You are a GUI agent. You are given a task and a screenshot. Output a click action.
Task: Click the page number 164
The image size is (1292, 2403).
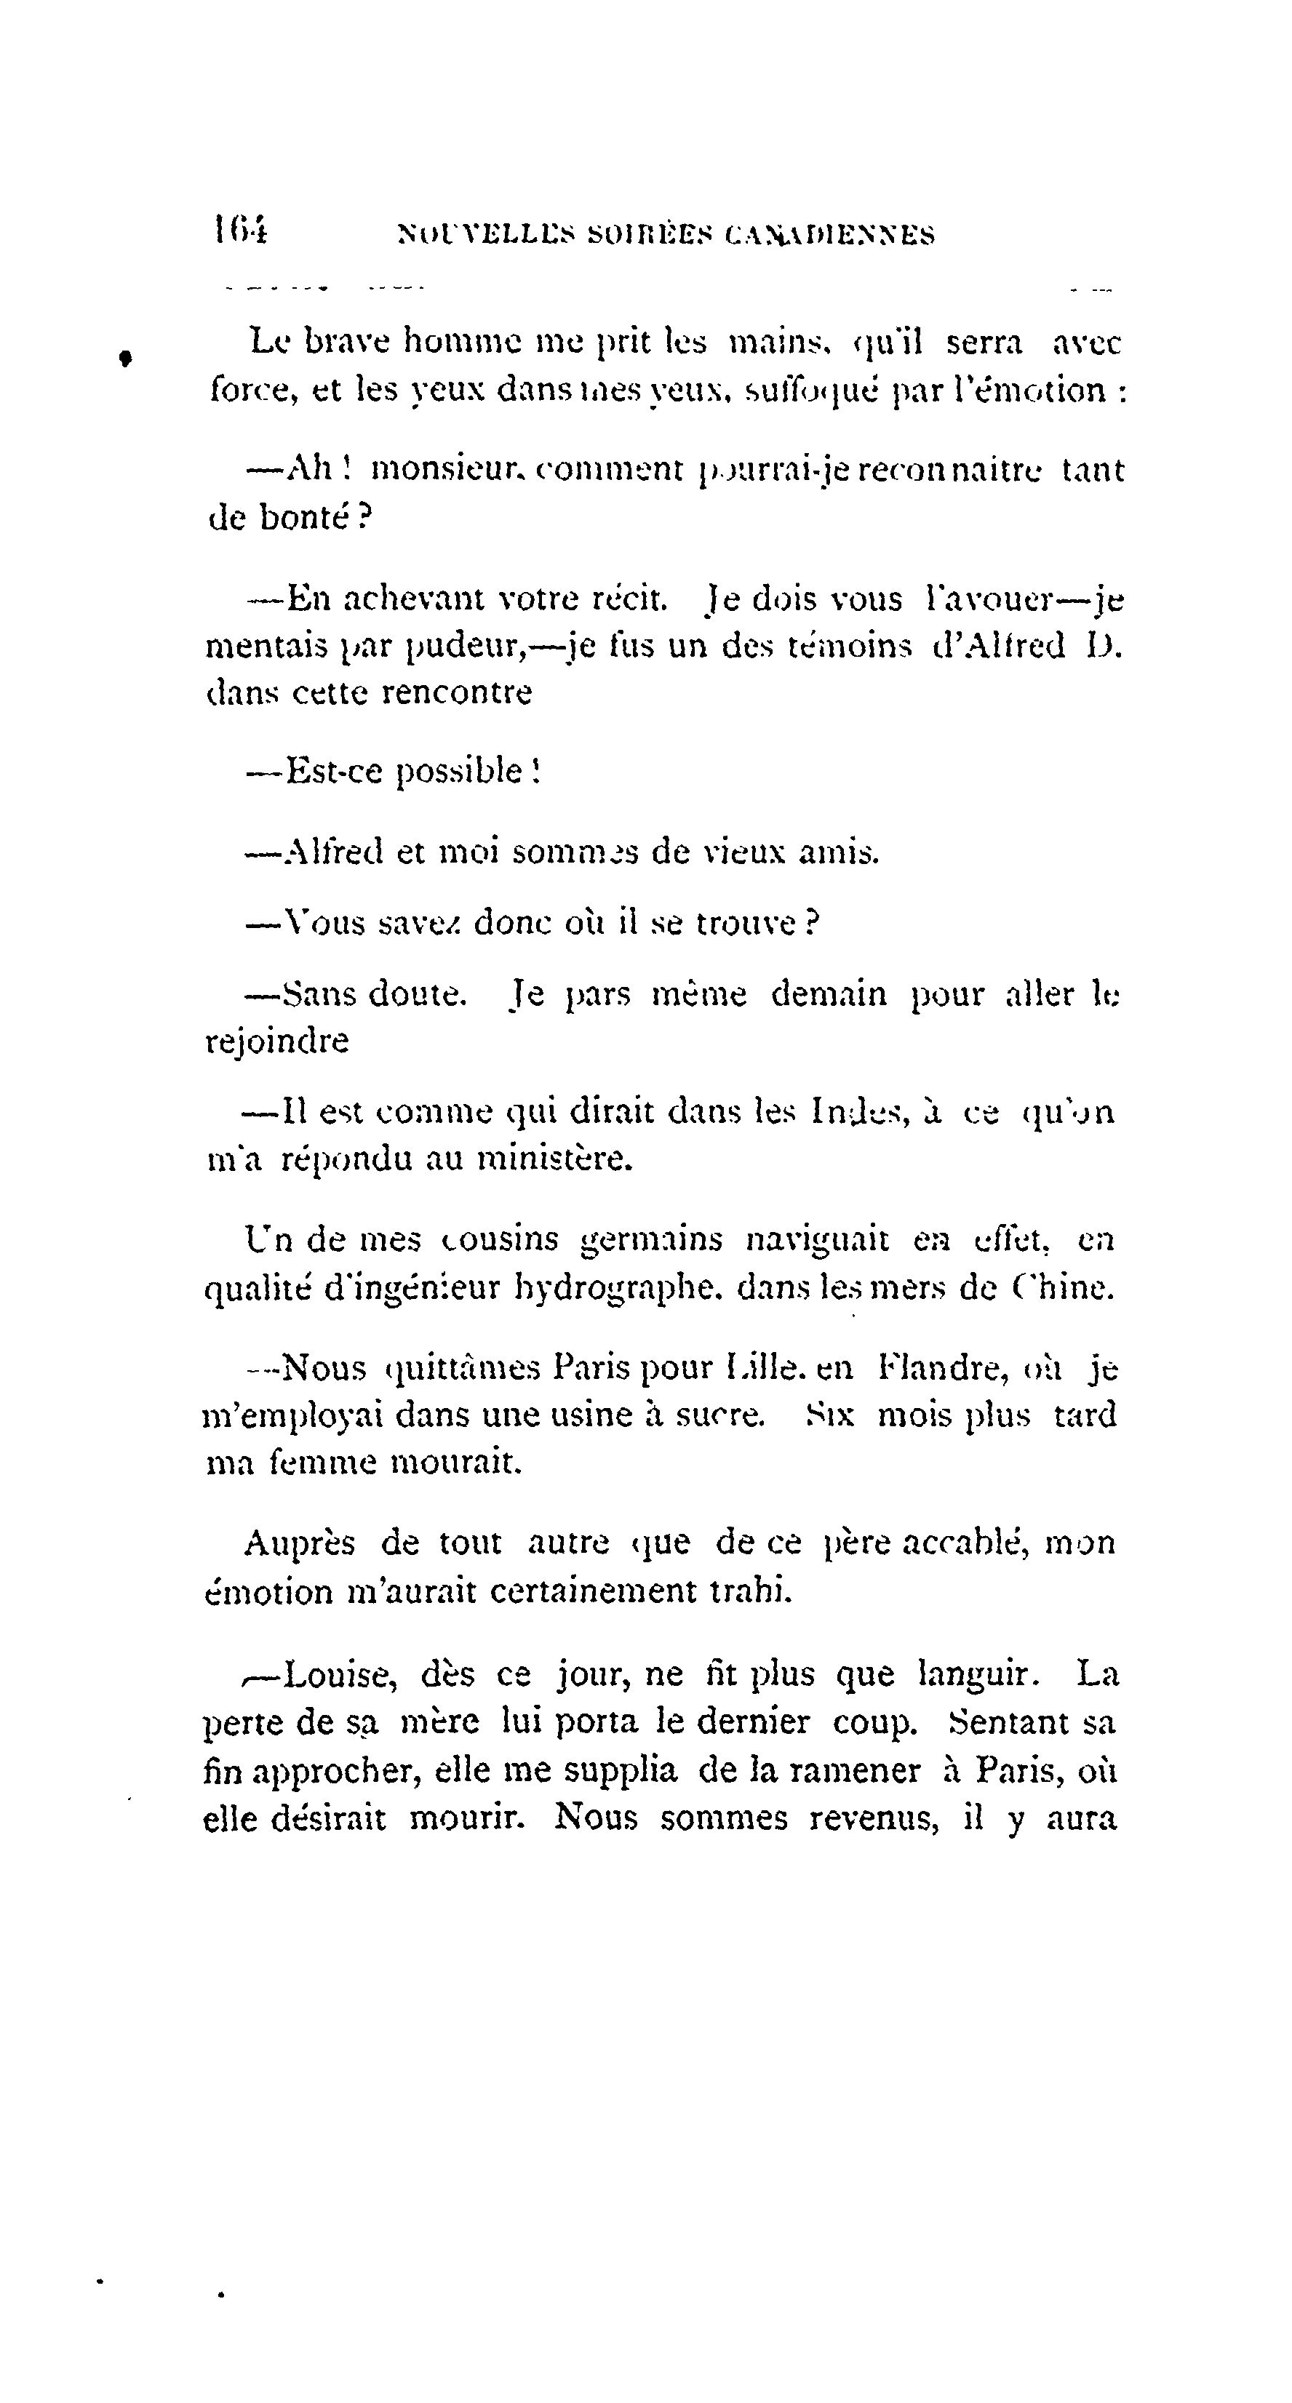pyautogui.click(x=240, y=230)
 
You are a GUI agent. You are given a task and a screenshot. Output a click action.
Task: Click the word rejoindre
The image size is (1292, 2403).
pyautogui.click(x=277, y=1041)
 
